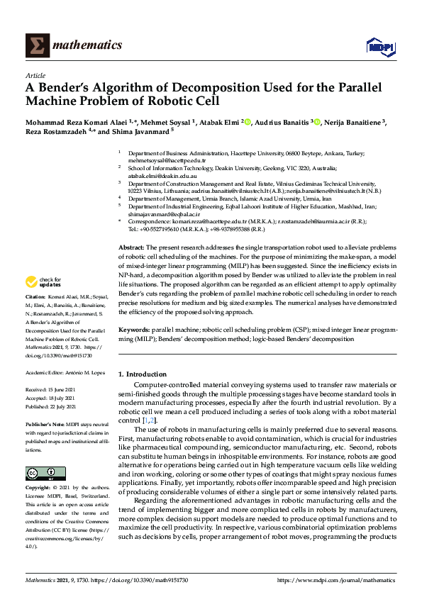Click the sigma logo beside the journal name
37,45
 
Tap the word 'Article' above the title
35,75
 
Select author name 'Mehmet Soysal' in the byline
170,122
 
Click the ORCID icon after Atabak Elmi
248,122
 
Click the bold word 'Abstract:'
131,244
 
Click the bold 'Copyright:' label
38,489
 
